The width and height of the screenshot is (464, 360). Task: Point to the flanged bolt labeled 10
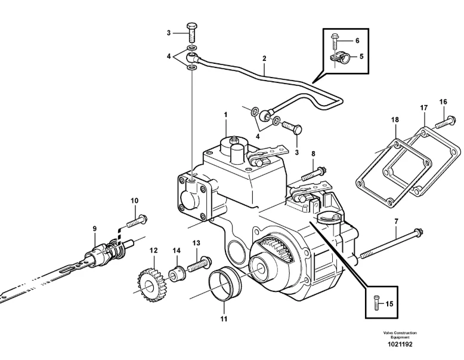(x=137, y=221)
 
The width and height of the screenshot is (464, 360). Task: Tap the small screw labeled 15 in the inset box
(x=376, y=303)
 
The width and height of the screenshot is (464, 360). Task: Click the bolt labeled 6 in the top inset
(x=335, y=42)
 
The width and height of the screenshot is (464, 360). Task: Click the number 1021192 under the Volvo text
(x=400, y=344)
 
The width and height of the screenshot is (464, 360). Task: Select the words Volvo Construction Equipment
(x=400, y=335)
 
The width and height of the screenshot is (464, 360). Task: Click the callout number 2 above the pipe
(x=264, y=59)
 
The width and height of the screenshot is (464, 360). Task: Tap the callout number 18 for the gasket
(x=395, y=120)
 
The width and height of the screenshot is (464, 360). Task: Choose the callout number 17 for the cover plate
(x=424, y=108)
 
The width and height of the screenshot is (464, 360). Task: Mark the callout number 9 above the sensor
(x=94, y=229)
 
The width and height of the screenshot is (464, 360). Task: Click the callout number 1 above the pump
(x=225, y=115)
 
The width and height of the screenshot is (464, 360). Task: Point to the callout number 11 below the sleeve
(x=224, y=319)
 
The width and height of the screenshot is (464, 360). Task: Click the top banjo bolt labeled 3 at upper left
(x=191, y=33)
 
